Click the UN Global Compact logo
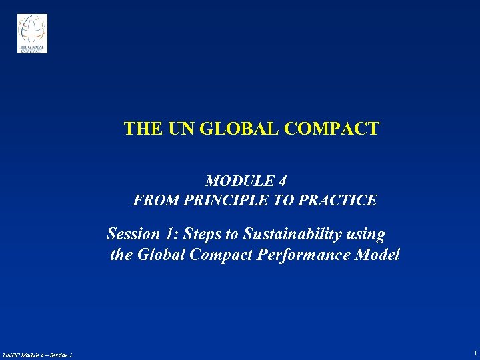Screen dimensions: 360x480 pyautogui.click(x=32, y=33)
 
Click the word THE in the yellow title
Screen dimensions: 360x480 pyautogui.click(x=138, y=129)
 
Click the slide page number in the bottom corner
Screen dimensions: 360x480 pyautogui.click(x=475, y=353)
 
